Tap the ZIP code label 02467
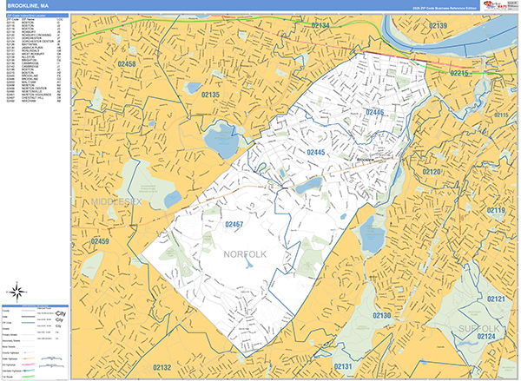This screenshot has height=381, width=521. click(234, 225)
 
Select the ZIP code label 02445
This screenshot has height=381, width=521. click(315, 153)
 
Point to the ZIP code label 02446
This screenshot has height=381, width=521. click(374, 113)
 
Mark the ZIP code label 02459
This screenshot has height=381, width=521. click(102, 241)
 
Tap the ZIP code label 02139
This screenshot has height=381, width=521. click(438, 26)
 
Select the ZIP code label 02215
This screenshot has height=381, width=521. click(461, 74)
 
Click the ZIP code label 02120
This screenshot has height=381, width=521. click(432, 173)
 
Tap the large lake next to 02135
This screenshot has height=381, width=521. click(220, 137)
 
